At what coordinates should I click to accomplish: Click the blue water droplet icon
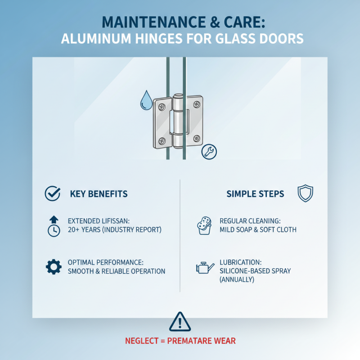point(146,101)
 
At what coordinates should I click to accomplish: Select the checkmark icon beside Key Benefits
point(53,194)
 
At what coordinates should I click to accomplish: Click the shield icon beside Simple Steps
point(305,193)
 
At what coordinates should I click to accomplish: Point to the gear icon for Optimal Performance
point(54,267)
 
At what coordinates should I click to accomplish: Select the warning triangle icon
point(180,322)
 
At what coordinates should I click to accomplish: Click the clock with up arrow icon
point(54,226)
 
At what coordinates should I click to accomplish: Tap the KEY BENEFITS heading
point(99,194)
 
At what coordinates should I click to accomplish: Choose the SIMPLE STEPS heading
point(255,194)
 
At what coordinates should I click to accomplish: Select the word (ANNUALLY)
point(237,279)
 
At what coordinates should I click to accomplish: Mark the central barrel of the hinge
point(178,121)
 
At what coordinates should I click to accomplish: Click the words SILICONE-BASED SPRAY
point(255,271)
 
